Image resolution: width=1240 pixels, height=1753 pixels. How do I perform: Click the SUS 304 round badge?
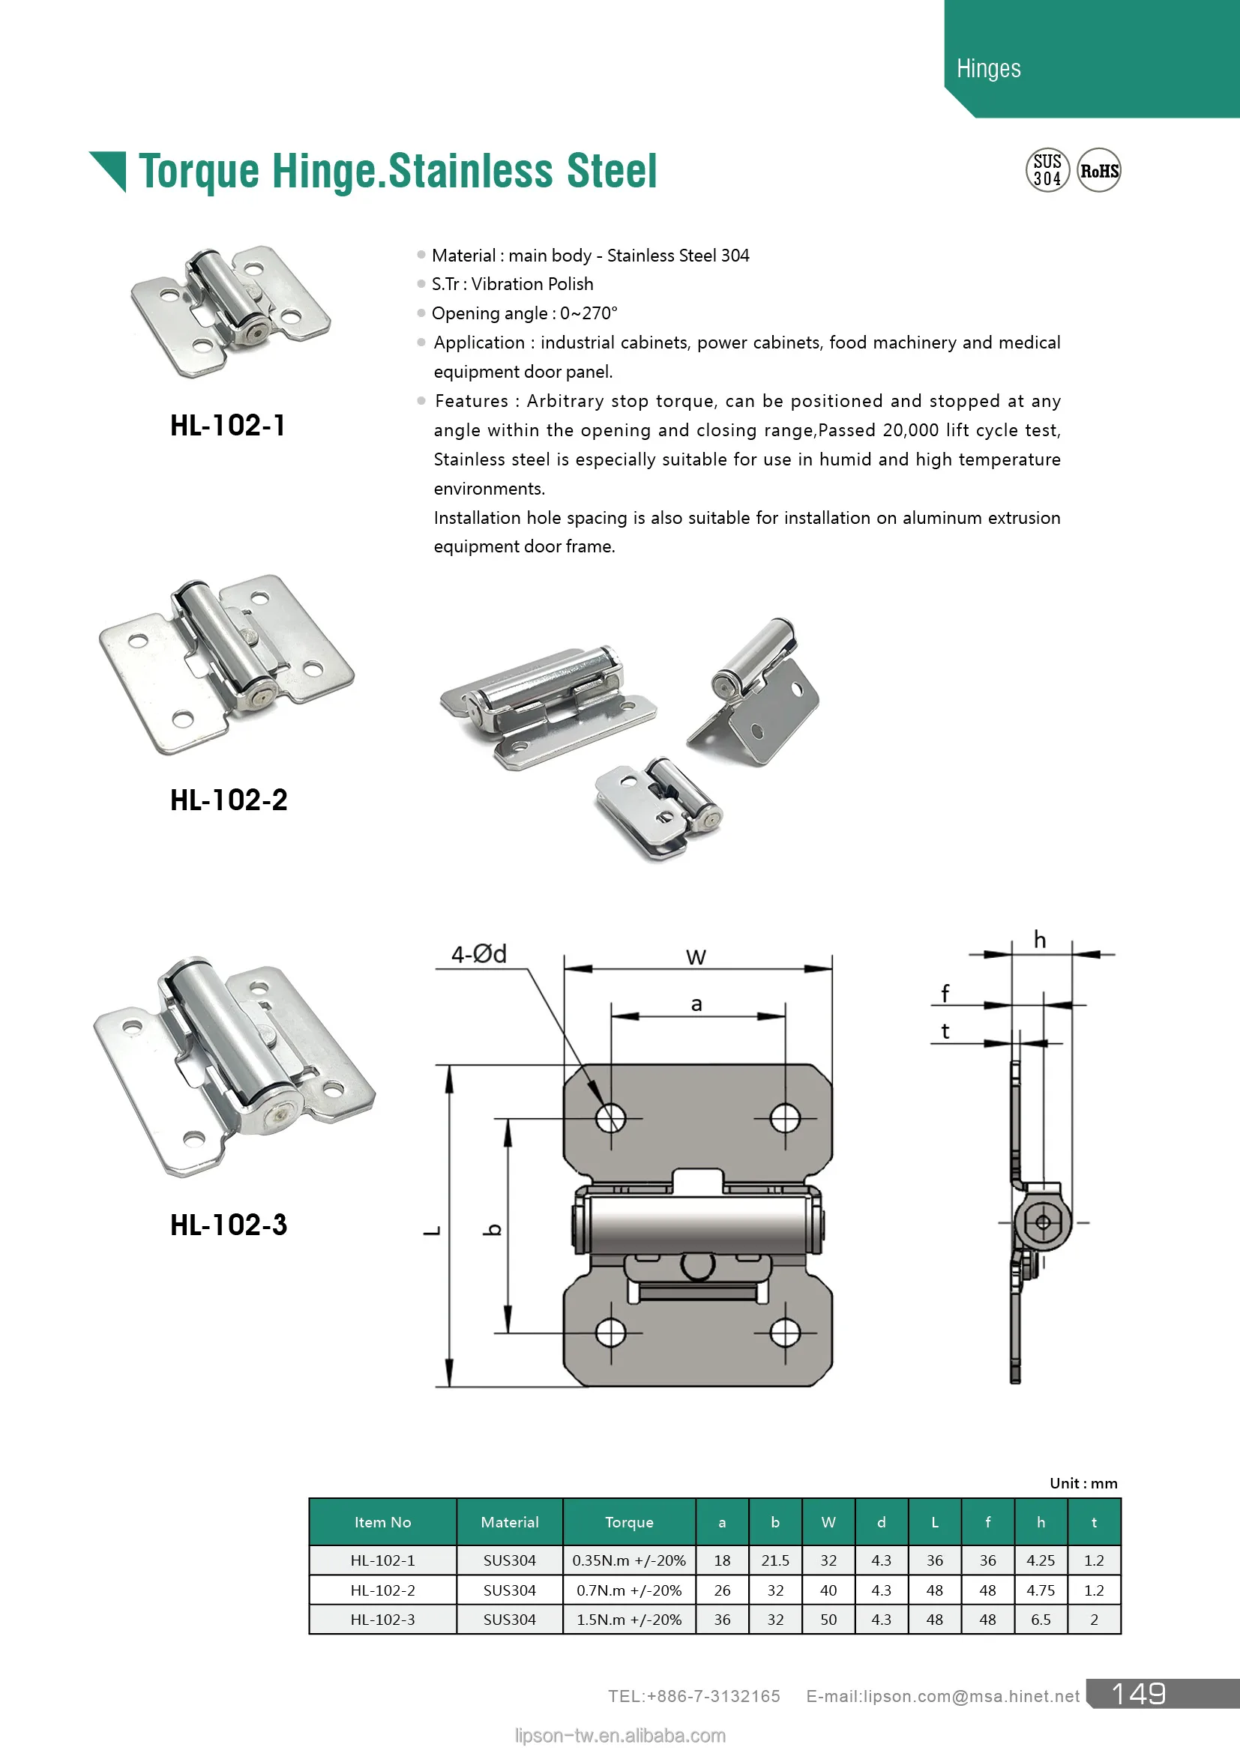1047,170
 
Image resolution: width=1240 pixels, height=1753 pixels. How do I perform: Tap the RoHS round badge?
1099,170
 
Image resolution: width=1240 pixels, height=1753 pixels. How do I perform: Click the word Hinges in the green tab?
988,69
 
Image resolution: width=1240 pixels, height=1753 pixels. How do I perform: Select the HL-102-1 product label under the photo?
228,425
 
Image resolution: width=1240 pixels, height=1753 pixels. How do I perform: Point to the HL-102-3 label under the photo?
229,1225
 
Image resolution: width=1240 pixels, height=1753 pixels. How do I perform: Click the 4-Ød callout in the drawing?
479,954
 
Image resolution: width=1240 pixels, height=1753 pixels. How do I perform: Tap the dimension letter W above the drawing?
696,956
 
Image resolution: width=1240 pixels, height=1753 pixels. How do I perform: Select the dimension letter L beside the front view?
432,1230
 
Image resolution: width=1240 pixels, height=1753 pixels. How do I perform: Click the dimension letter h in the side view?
1039,940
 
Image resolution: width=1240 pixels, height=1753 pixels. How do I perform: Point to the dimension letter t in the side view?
945,1031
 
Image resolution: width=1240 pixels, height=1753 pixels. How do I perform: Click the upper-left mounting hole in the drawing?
610,1118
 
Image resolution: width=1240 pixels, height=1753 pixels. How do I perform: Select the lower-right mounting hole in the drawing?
785,1333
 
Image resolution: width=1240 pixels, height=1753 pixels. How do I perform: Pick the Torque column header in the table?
629,1522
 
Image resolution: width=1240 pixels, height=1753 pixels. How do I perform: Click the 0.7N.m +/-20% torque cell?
629,1590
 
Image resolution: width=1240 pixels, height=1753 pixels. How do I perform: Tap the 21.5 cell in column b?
775,1560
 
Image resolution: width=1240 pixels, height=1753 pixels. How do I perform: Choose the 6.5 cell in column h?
1041,1620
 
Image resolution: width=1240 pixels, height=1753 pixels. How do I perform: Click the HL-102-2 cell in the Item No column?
382,1590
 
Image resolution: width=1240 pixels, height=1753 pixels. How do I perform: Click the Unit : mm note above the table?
1083,1483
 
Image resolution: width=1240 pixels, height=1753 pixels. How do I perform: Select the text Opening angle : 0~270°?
525,314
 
